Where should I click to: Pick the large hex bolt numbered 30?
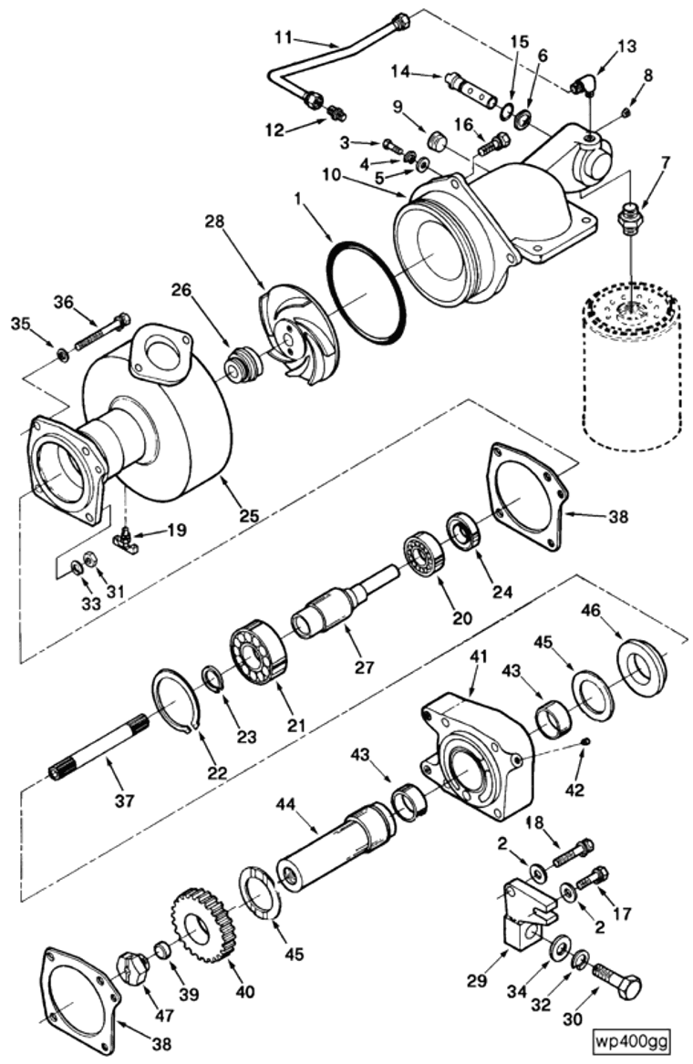(617, 986)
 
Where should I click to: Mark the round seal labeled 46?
(643, 665)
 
